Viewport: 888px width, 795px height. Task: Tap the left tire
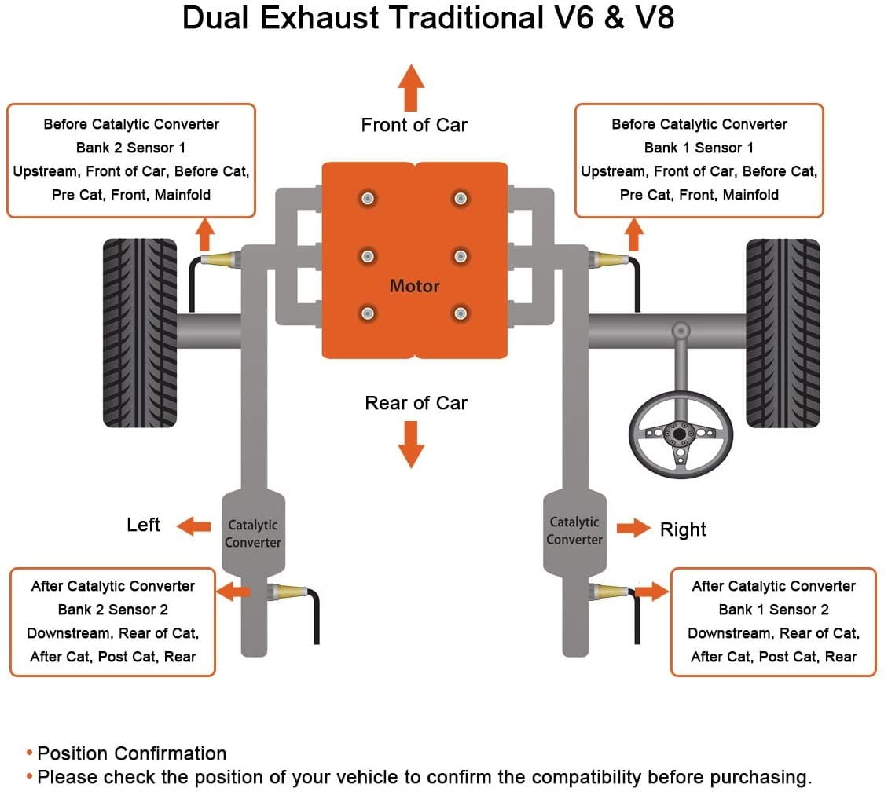(140, 333)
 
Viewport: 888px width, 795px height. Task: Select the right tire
(783, 333)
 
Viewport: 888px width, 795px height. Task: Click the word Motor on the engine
(415, 286)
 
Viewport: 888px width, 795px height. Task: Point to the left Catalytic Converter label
(252, 533)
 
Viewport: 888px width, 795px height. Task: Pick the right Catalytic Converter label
(574, 530)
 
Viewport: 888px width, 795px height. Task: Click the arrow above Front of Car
(411, 88)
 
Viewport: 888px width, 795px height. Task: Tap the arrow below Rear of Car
(411, 445)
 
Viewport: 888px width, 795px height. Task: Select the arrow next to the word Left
(193, 526)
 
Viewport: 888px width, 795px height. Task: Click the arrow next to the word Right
(633, 528)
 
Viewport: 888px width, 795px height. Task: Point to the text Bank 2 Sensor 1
(130, 148)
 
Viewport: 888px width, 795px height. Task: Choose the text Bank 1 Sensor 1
(699, 148)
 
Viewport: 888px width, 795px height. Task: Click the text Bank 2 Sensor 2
(112, 610)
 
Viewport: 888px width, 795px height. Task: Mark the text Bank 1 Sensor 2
(773, 610)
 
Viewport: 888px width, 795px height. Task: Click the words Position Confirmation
(132, 753)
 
